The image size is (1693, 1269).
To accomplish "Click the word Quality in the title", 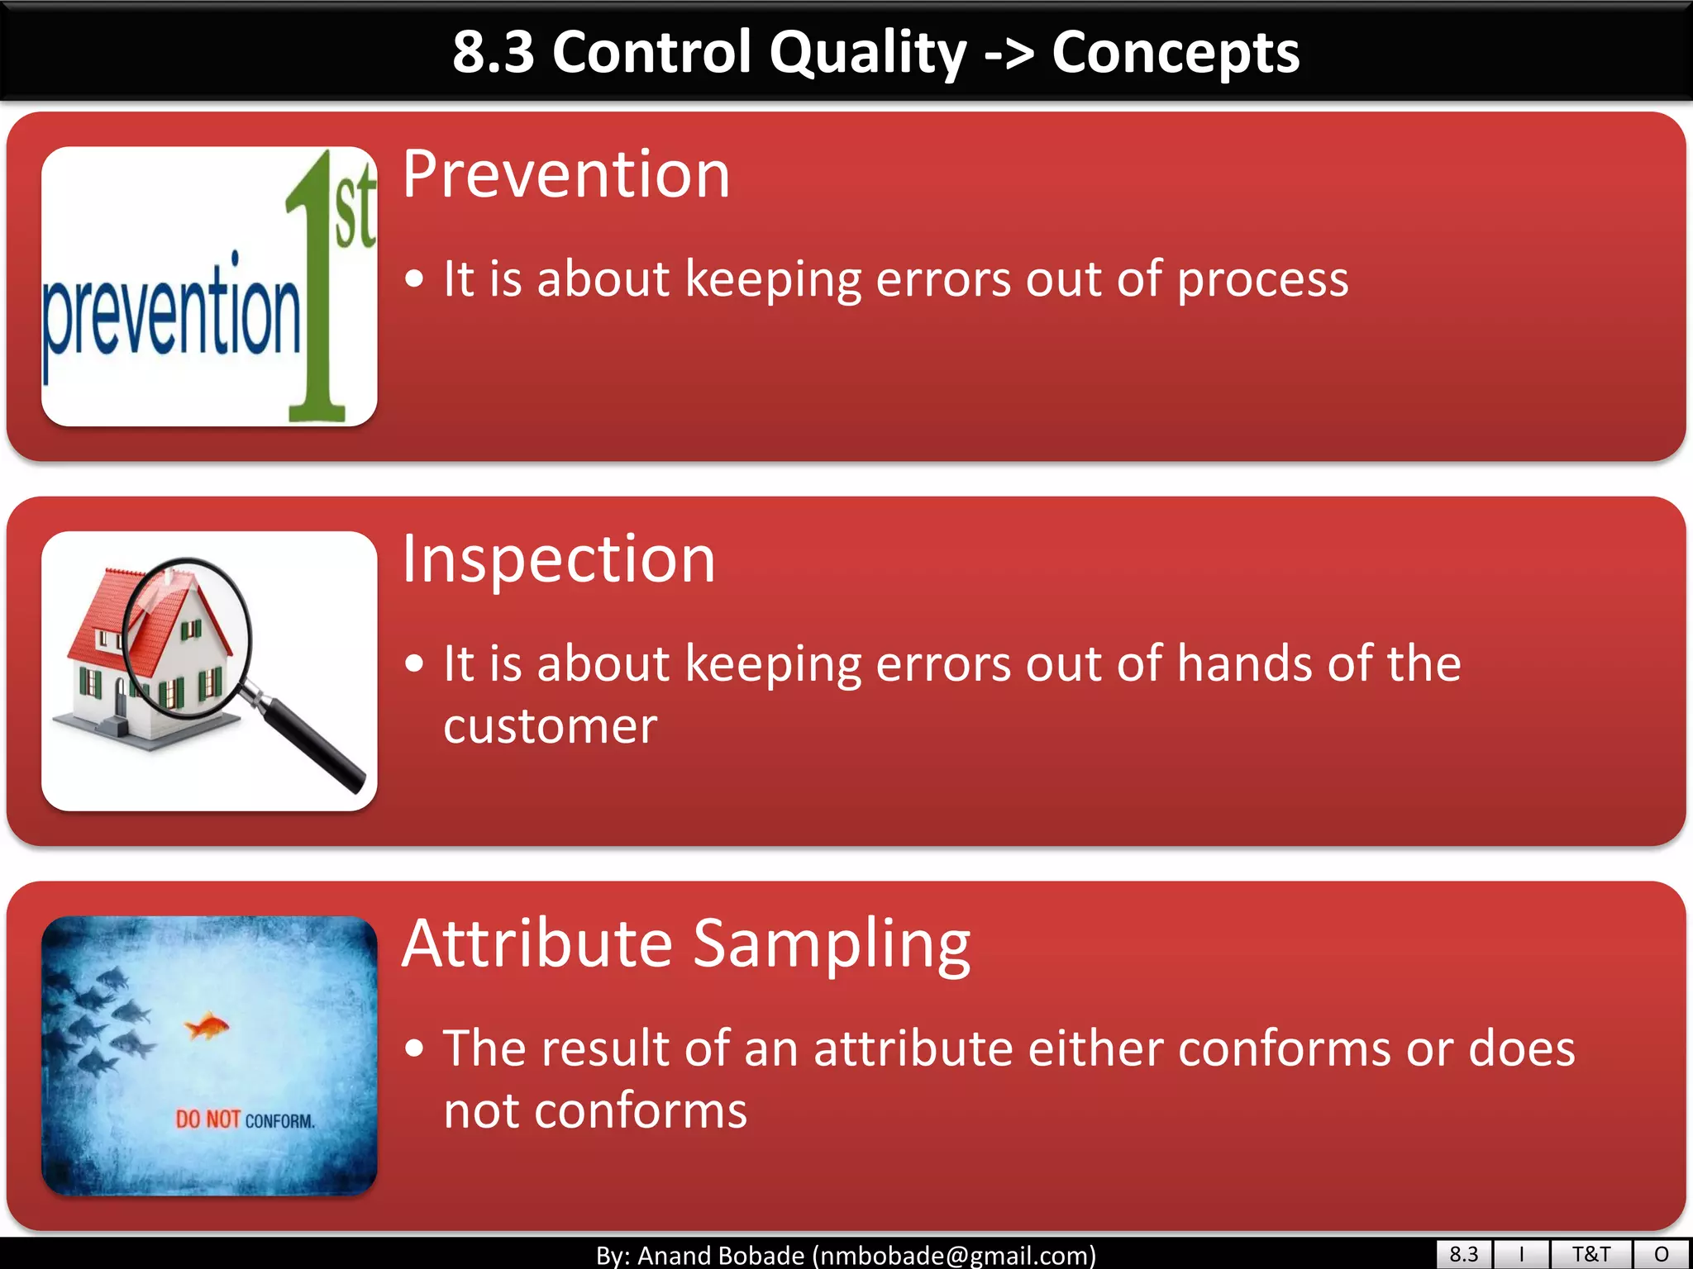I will click(867, 53).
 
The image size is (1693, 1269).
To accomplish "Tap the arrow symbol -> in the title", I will click(1009, 53).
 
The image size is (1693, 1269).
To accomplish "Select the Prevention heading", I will click(566, 174).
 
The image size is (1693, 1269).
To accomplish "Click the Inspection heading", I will click(559, 559).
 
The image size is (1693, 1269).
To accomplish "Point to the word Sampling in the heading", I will click(831, 944).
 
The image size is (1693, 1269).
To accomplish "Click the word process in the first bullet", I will click(1262, 279).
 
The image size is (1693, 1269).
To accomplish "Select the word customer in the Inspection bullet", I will click(550, 727).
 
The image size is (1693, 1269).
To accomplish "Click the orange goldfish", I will click(207, 1027).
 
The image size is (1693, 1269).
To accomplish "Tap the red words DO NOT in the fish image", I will click(207, 1119).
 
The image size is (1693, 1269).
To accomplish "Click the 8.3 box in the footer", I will click(1463, 1254).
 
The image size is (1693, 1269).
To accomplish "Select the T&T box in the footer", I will click(1590, 1254).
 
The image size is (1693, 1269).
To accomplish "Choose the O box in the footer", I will click(1662, 1254).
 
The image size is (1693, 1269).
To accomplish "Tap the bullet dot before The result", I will click(415, 1048).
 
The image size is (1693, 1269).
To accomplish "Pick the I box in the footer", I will click(1521, 1254).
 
